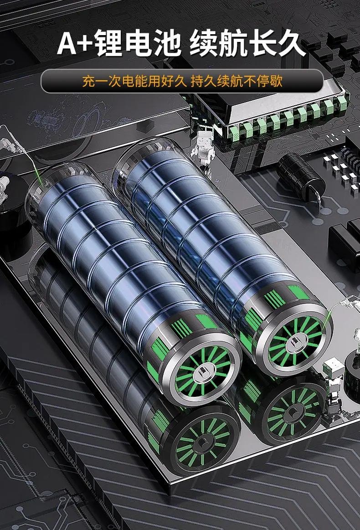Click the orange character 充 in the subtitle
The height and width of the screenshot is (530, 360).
[x=88, y=81]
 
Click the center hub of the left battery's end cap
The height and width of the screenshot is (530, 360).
[x=204, y=372]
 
